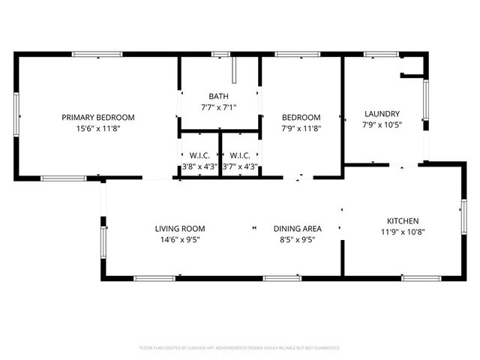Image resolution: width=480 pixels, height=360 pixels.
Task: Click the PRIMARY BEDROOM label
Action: [97, 117]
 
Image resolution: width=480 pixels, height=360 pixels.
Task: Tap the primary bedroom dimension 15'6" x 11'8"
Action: [97, 128]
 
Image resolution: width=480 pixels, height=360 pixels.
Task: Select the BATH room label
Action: [218, 96]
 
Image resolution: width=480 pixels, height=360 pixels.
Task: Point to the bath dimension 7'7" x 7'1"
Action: [218, 107]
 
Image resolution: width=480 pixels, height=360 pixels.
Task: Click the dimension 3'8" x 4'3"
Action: [199, 166]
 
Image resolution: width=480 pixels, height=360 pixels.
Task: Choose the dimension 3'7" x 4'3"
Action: [240, 166]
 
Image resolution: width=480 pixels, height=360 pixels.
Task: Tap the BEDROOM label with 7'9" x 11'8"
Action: [301, 117]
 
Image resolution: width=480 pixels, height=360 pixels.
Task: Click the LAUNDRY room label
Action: [382, 114]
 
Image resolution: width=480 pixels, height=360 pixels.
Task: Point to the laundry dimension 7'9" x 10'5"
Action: [382, 125]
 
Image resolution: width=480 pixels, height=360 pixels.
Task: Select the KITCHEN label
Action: [403, 220]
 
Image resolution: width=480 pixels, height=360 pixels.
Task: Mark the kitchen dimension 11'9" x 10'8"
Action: [403, 232]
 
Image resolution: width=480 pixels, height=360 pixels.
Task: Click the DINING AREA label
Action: [297, 229]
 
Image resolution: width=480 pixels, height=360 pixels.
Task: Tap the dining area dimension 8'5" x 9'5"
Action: [297, 240]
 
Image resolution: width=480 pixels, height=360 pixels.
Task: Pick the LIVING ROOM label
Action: [180, 229]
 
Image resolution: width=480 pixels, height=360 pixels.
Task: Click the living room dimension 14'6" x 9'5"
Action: [180, 240]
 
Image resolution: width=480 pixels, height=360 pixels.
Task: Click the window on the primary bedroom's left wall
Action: [16, 116]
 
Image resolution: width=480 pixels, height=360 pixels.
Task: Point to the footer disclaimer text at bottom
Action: [240, 348]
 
